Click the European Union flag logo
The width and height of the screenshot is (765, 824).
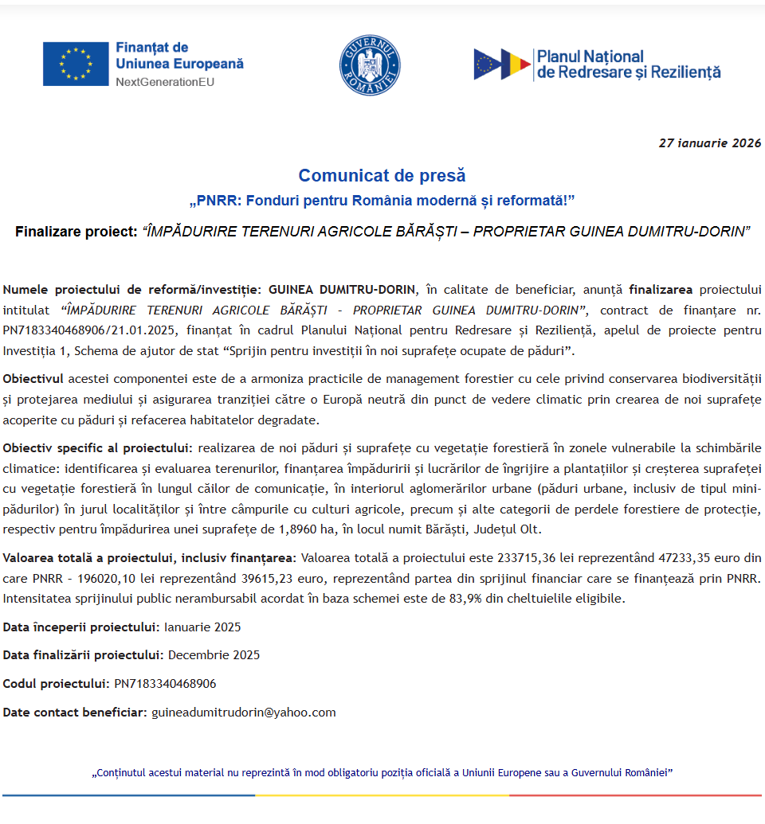(x=76, y=64)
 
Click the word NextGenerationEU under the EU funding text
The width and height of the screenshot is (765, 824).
(x=165, y=82)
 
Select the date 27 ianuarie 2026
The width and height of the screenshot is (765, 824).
(x=709, y=143)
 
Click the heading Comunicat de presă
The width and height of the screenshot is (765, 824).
(x=382, y=175)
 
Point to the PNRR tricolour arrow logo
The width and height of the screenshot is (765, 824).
(x=502, y=64)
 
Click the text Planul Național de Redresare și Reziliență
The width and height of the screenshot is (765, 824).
(x=629, y=64)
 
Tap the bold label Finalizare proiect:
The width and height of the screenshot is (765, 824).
(x=76, y=232)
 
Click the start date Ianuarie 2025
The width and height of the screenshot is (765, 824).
(x=202, y=627)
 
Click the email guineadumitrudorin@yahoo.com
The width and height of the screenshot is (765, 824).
(x=244, y=713)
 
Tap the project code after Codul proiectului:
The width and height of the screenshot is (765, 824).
(x=165, y=684)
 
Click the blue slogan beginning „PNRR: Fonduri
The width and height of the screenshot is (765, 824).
(x=382, y=199)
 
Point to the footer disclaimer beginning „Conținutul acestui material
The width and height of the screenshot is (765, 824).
(x=382, y=772)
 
